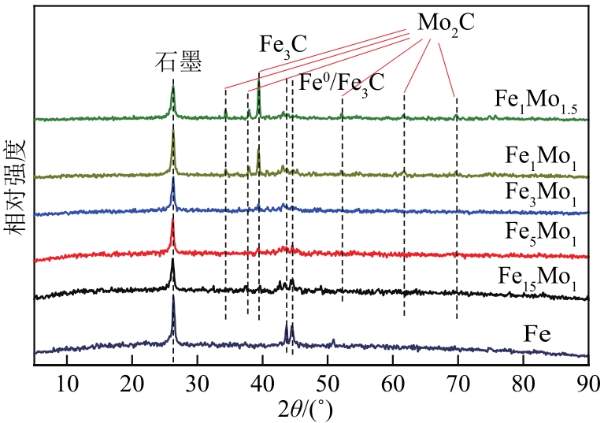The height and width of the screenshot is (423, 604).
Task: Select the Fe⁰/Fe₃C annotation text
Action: pos(342,82)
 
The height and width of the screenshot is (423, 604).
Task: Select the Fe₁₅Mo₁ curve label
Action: pos(538,277)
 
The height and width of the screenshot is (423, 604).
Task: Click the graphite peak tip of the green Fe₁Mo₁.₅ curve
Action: pos(173,88)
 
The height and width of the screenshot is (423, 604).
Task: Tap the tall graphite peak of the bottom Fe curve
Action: pos(173,297)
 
